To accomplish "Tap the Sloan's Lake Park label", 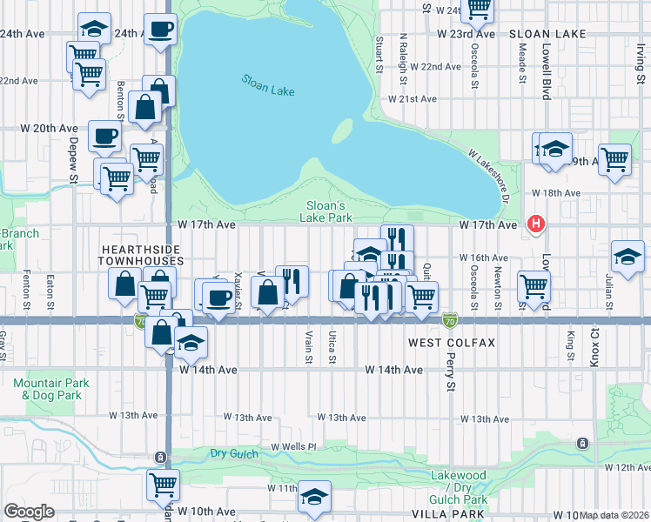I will coord(328,211).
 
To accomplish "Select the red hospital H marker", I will coord(536,224).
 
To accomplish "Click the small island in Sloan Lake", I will coord(342,130).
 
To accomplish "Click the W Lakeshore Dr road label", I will coord(488,172).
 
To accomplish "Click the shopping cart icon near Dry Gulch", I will coord(163,483).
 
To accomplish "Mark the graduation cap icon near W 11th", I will coord(313,495).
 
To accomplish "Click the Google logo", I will coord(29,512).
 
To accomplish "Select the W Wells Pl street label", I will coord(292,446).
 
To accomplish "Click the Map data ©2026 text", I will coord(614,515).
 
